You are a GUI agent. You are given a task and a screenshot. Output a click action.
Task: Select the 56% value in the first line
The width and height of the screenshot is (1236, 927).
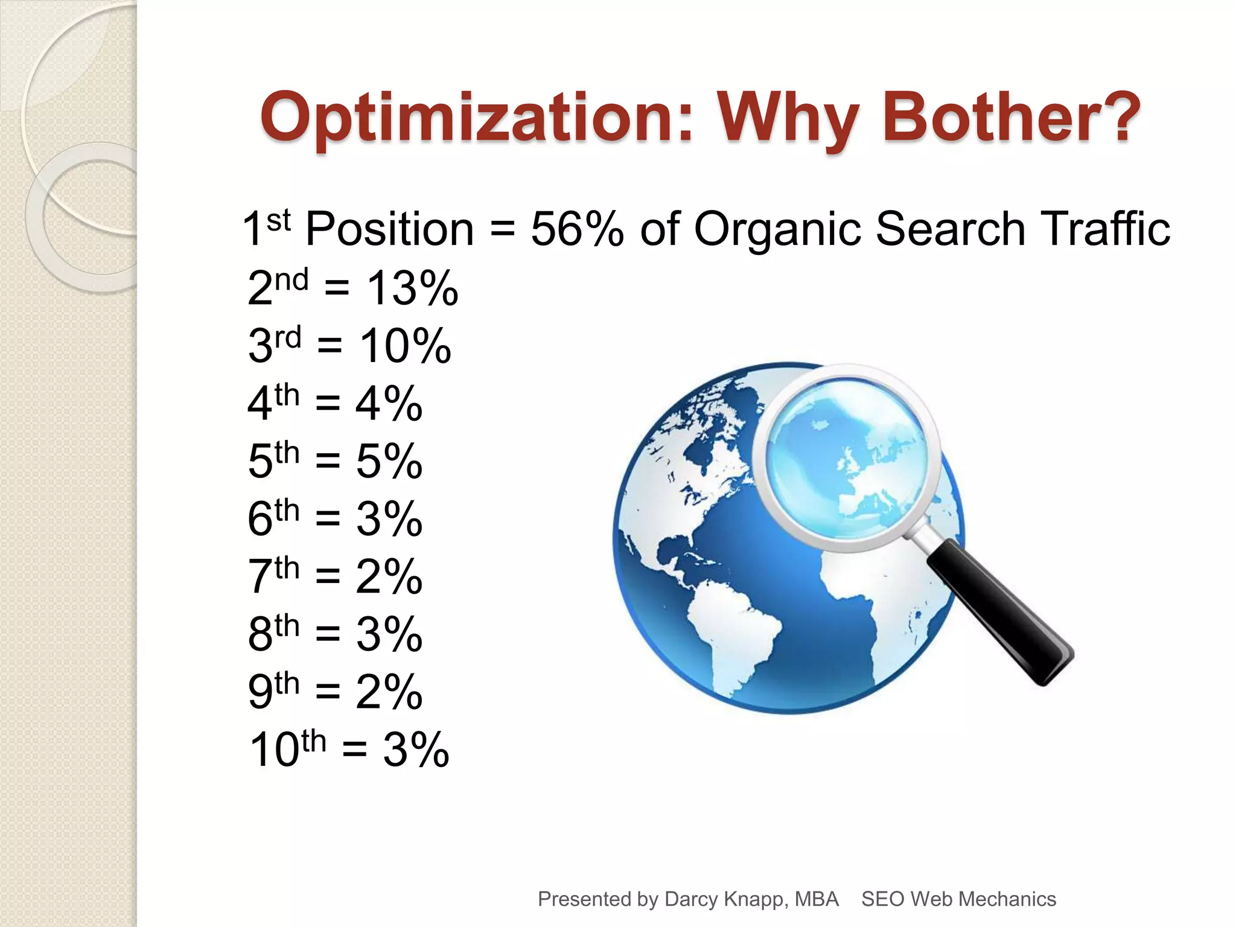point(577,229)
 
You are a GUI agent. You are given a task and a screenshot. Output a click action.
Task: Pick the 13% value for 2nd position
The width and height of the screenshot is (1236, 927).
point(413,288)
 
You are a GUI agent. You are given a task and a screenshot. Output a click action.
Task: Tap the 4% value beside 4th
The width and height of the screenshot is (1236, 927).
point(389,403)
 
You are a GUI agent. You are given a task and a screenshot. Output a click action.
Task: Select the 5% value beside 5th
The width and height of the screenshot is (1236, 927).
point(389,461)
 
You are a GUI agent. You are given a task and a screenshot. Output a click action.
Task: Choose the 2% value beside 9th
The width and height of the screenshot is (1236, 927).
point(389,691)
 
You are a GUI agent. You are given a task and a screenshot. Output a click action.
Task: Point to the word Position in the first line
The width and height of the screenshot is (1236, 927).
point(389,229)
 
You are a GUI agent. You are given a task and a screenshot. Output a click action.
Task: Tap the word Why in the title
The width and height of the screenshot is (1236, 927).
point(788,117)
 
